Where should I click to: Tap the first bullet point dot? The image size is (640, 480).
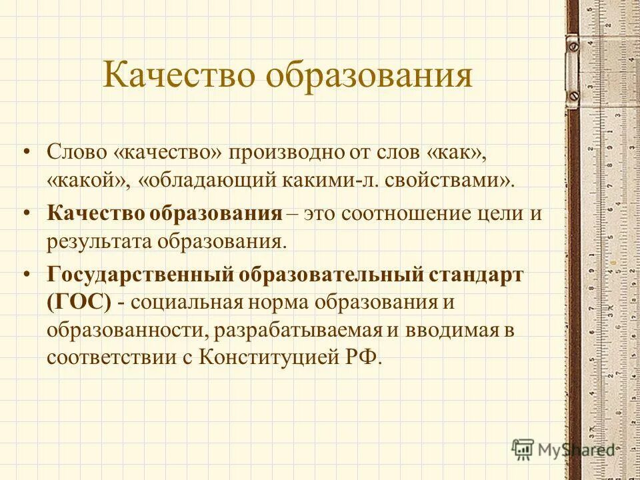click(27, 152)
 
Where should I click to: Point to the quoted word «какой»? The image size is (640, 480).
click(82, 181)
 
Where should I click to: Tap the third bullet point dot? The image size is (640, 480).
click(27, 274)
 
